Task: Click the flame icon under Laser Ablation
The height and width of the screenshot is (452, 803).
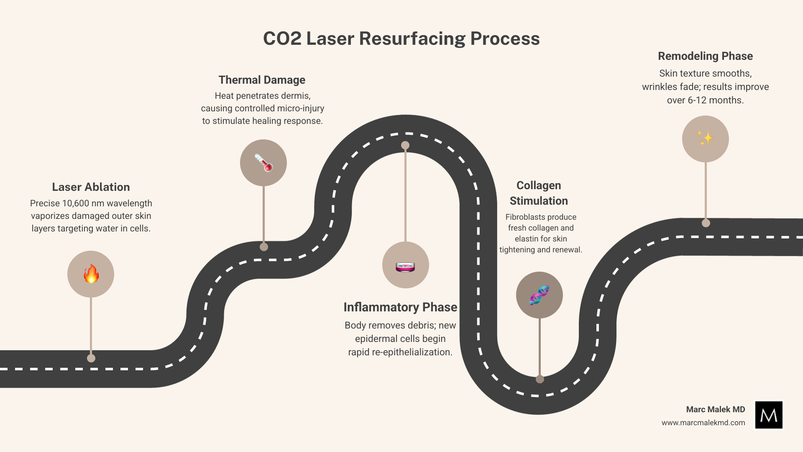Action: (x=91, y=274)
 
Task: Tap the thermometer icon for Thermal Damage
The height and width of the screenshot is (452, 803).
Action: (x=263, y=163)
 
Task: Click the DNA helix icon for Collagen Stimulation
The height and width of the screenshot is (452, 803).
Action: (x=540, y=295)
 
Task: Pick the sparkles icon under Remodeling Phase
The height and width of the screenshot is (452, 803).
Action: (x=706, y=139)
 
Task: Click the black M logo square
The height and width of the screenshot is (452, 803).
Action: (x=769, y=415)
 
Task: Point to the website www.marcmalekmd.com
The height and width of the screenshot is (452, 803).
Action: (x=703, y=423)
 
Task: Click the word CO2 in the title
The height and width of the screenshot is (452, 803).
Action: (x=282, y=39)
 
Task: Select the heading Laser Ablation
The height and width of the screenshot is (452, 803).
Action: (x=91, y=187)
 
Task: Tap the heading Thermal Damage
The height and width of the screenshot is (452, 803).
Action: (x=262, y=80)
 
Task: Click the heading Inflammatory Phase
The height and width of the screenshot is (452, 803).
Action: (x=400, y=307)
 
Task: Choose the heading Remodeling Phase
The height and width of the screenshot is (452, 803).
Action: (x=705, y=56)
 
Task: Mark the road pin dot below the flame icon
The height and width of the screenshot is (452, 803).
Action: (x=91, y=358)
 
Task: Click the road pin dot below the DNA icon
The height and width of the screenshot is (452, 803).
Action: (x=540, y=379)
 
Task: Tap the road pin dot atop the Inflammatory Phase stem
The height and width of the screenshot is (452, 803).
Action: (x=405, y=145)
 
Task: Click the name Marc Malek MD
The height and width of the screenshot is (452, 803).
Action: (x=715, y=409)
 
